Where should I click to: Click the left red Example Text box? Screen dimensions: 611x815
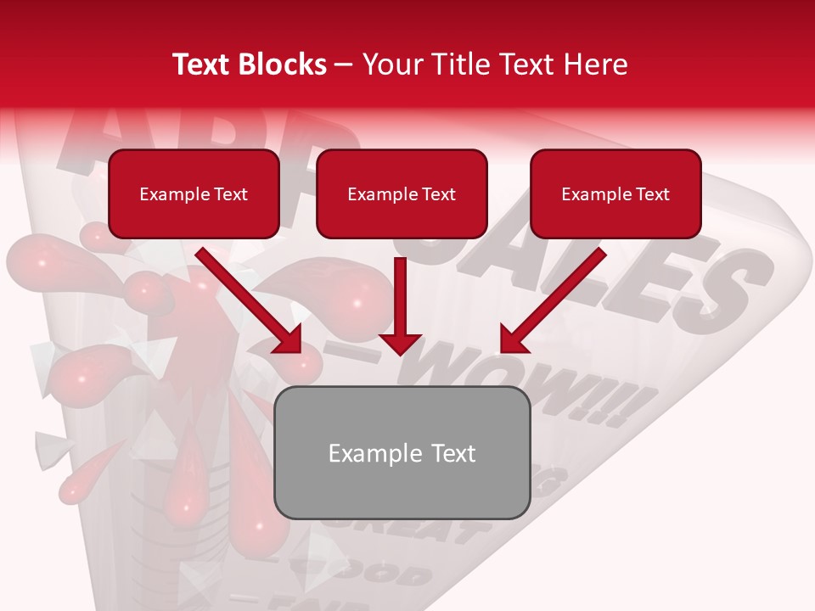click(x=194, y=194)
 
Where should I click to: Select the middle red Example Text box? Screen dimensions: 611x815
click(x=402, y=194)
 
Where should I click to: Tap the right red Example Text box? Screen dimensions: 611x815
click(x=615, y=194)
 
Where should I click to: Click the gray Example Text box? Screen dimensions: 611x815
click(x=402, y=453)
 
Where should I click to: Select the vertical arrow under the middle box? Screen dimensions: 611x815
click(x=400, y=305)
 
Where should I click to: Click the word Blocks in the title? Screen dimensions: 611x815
click(x=284, y=64)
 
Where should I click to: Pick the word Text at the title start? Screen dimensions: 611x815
click(x=202, y=64)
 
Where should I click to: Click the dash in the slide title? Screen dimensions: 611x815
click(x=344, y=64)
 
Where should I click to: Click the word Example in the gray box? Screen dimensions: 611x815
click(x=363, y=453)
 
